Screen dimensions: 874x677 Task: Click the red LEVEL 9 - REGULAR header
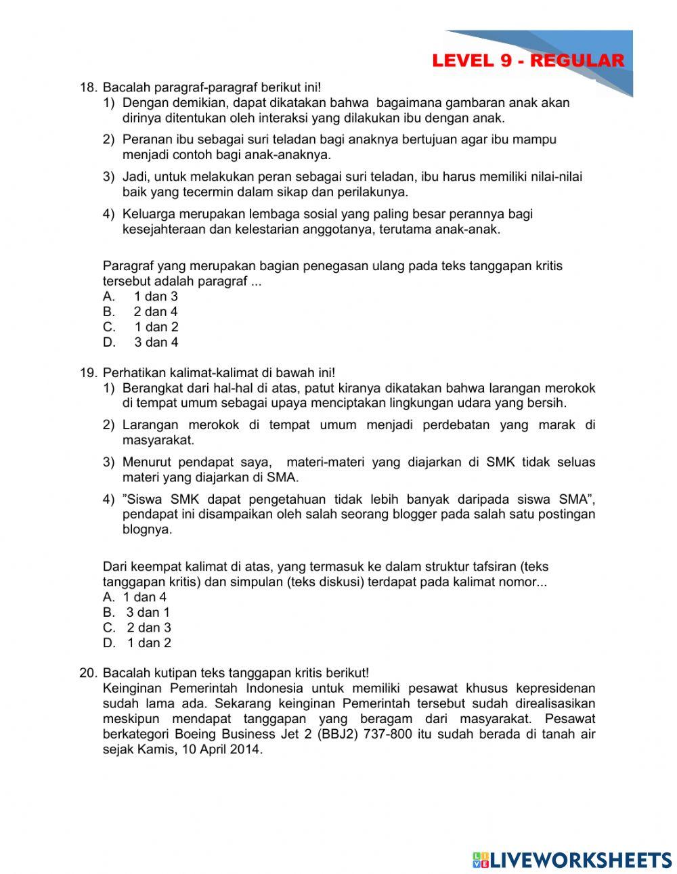[528, 61]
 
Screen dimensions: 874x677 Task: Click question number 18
[88, 87]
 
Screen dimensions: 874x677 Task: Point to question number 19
[88, 373]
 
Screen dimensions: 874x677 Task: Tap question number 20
[88, 673]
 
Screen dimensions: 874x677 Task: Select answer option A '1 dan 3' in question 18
[155, 297]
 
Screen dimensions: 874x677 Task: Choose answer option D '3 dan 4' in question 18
[156, 343]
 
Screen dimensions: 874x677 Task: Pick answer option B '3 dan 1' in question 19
[148, 613]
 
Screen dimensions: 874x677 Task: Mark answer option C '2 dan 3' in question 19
[148, 628]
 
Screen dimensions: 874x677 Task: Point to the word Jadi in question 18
[135, 177]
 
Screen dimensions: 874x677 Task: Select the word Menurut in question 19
[147, 462]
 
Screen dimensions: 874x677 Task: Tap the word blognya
[147, 530]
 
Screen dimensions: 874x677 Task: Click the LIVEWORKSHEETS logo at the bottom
[572, 860]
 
